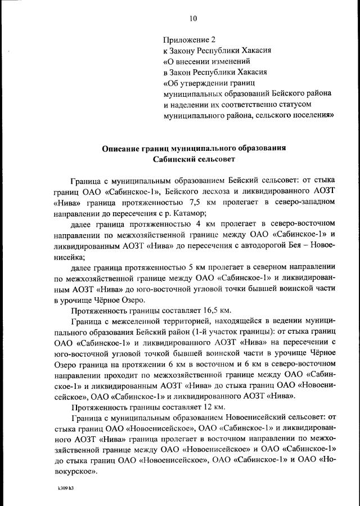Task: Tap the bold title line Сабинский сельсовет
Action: pyautogui.click(x=194, y=159)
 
